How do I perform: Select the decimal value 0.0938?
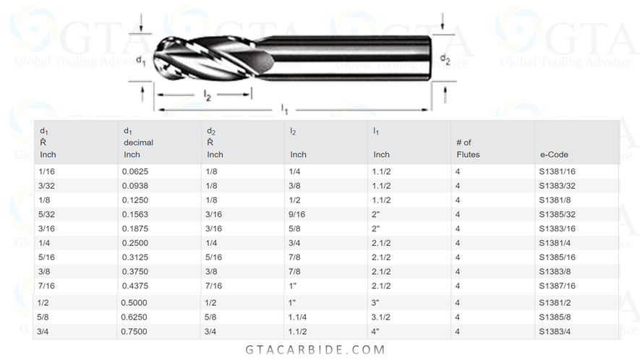pos(138,186)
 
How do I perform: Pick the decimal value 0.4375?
pos(138,286)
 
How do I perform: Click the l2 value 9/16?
pos(297,214)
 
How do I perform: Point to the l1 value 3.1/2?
pos(382,317)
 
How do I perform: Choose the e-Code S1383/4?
pos(555,331)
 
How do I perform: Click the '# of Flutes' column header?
pos(468,148)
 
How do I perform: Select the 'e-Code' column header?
pos(554,154)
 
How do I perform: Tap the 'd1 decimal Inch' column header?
pos(138,142)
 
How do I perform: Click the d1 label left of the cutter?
pos(141,61)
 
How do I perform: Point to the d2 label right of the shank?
pos(445,60)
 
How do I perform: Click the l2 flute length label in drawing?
pos(207,95)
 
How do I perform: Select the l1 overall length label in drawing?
pos(285,109)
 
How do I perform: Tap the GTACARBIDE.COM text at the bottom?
pos(319,350)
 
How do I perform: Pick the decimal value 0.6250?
pos(138,317)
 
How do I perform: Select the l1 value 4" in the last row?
pos(377,331)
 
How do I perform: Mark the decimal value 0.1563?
pos(138,214)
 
